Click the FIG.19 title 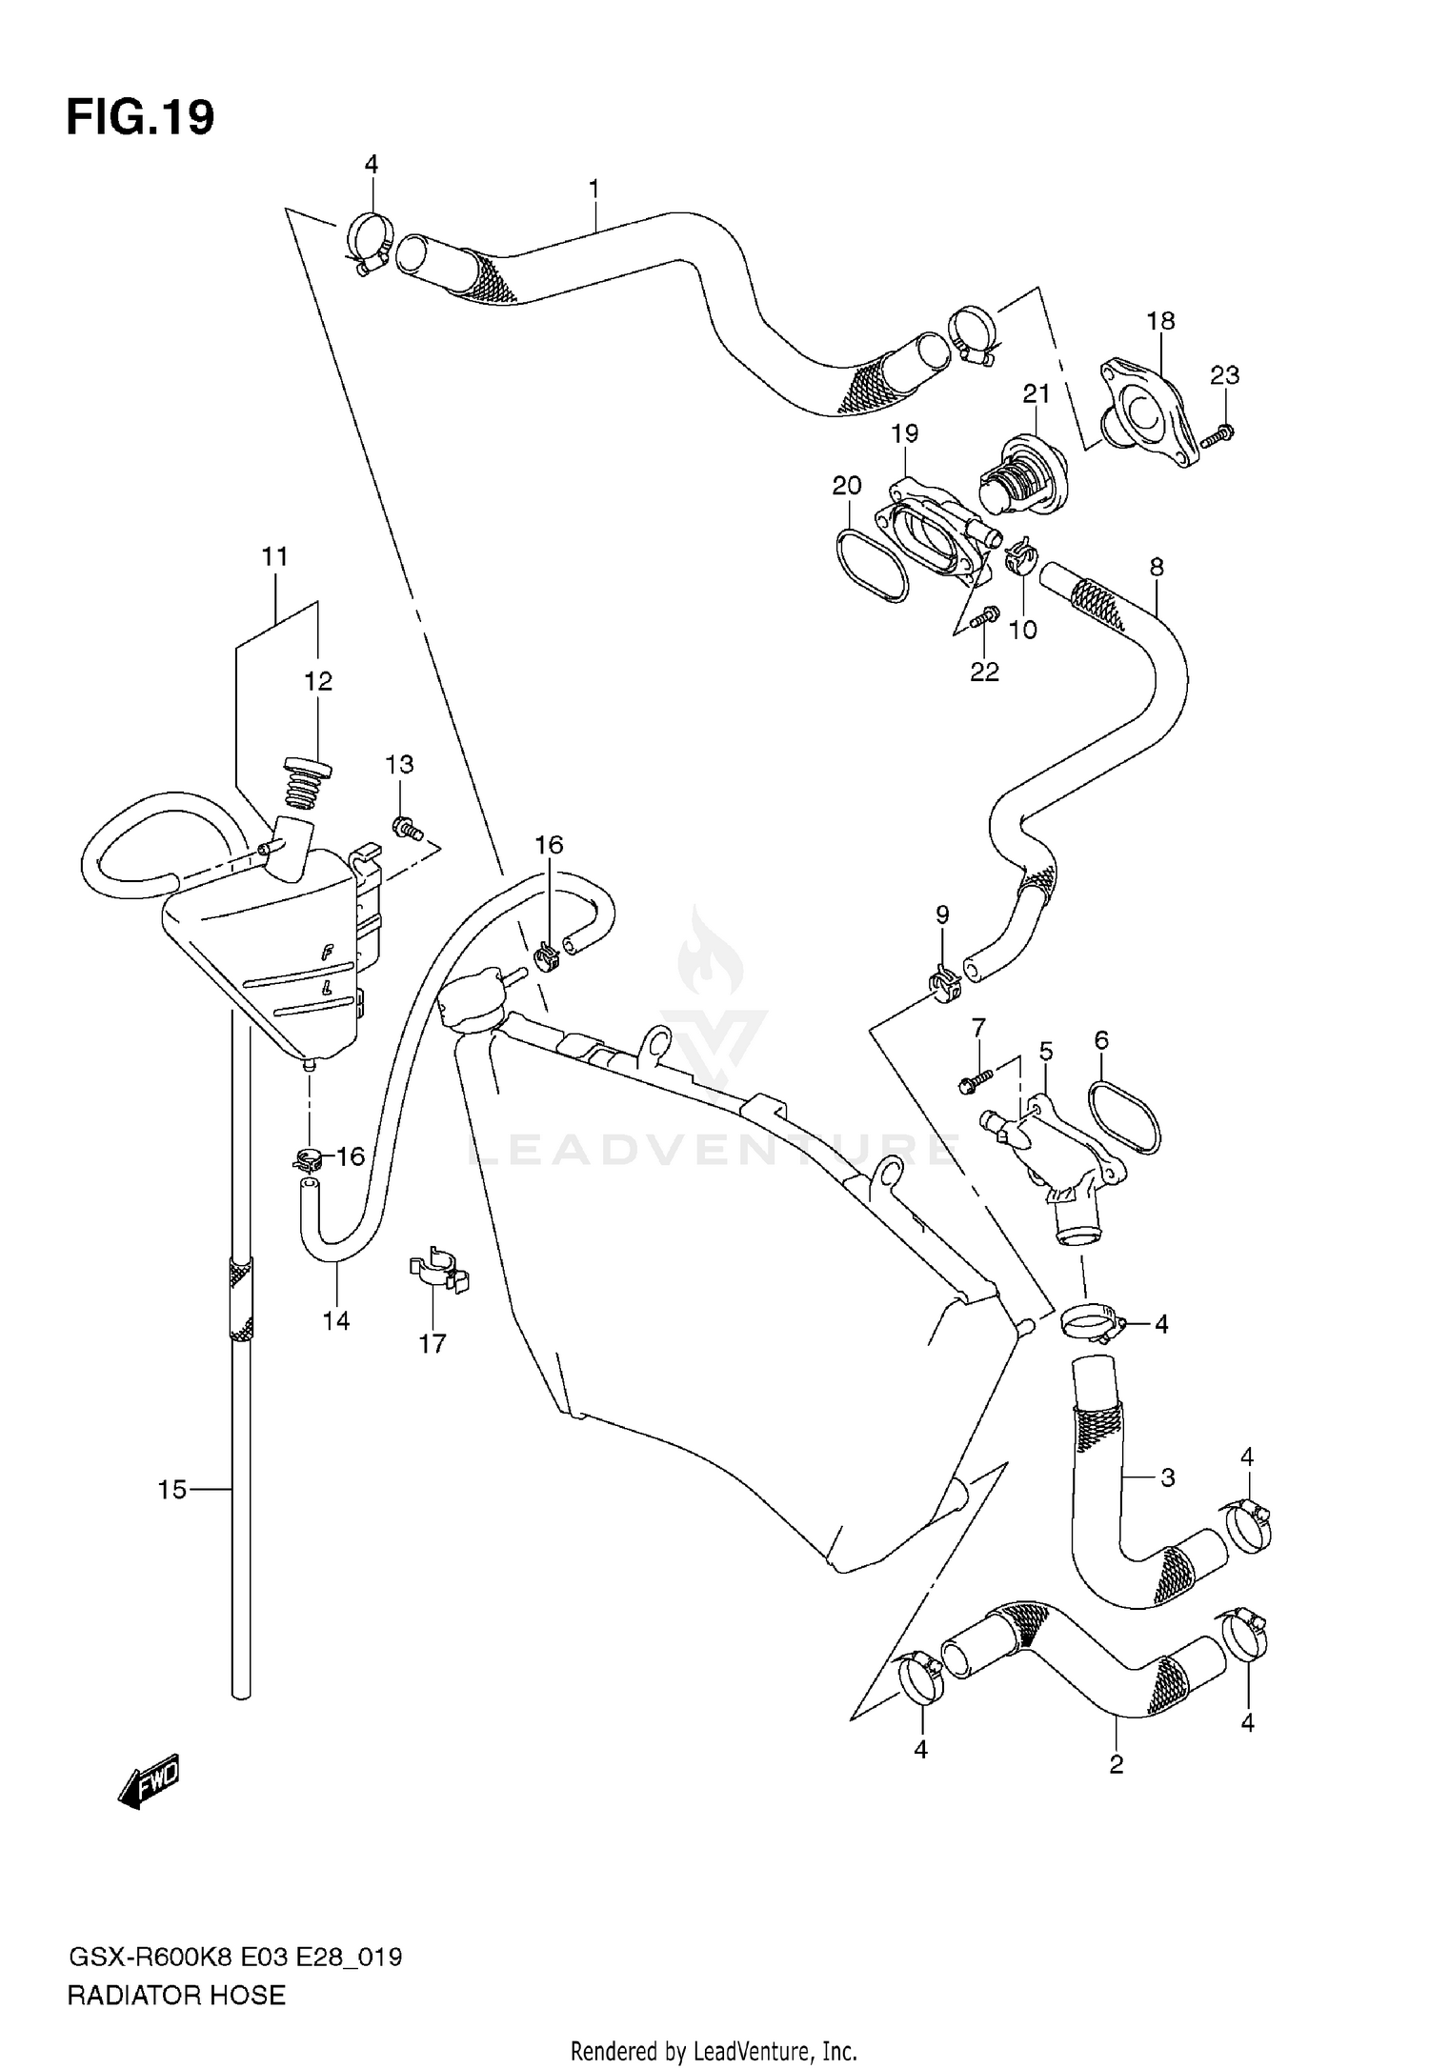[x=140, y=118]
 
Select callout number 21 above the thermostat [x=1037, y=393]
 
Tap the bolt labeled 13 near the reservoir [x=407, y=828]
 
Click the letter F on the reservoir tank [x=327, y=950]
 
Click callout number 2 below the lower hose [x=1117, y=1763]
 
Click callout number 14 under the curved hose [x=336, y=1320]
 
